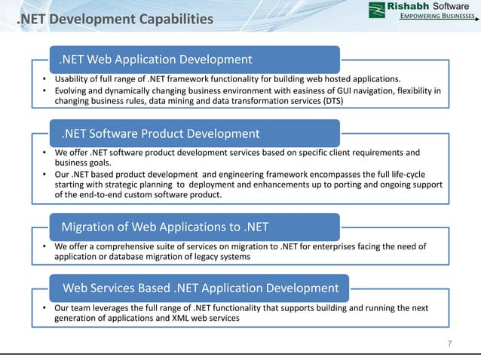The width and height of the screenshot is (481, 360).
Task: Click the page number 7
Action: coord(449,343)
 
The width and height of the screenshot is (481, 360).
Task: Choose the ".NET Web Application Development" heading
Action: coord(156,59)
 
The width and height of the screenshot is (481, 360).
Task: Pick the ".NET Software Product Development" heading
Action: coord(160,134)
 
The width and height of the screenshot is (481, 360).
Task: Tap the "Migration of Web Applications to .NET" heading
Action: coord(164,226)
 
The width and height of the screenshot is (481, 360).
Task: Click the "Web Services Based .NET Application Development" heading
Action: coord(200,288)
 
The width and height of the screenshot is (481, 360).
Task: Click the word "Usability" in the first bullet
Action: coord(74,79)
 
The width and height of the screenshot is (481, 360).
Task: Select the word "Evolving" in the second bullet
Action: coord(73,91)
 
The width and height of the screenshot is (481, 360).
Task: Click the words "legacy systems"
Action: coord(223,257)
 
